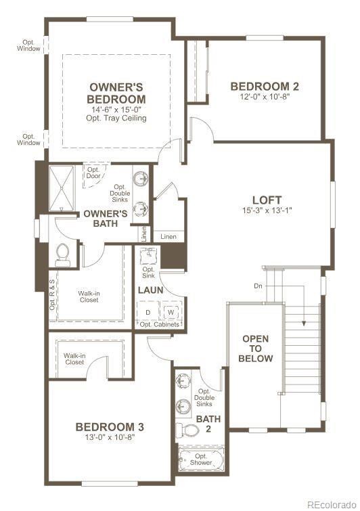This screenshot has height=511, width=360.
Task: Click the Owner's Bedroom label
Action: tap(116, 93)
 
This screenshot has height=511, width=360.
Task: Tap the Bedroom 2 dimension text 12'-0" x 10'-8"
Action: tap(265, 97)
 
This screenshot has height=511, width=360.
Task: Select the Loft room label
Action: tap(267, 200)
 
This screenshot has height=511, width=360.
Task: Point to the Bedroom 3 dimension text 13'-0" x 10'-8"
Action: tap(110, 437)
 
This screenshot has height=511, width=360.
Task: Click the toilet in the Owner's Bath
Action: tap(62, 254)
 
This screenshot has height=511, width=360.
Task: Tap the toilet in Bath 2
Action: tap(187, 430)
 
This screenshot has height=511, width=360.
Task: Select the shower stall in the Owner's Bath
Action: tap(62, 188)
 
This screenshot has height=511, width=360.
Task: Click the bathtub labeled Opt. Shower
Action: tap(201, 460)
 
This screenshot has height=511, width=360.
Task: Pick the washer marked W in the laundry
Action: tap(171, 312)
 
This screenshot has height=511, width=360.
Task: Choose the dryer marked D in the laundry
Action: tap(148, 312)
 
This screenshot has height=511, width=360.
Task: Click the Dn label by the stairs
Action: tap(258, 286)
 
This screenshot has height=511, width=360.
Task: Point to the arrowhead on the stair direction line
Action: tap(304, 324)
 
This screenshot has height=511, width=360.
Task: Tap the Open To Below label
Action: tap(256, 349)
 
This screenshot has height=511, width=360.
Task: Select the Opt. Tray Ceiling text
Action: tap(116, 118)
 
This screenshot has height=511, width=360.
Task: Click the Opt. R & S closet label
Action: tap(52, 294)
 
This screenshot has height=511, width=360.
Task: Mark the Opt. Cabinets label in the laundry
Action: tap(159, 325)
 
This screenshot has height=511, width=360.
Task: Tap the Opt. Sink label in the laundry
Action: tap(148, 273)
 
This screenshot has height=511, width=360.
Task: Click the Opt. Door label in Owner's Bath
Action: tap(94, 173)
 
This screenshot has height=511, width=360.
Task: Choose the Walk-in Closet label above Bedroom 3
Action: tap(74, 359)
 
